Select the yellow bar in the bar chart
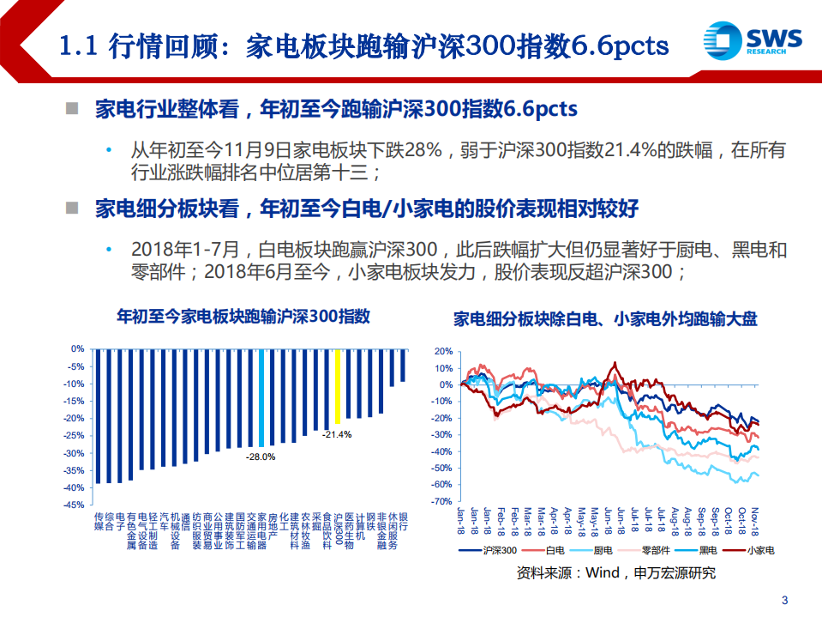[x=338, y=386]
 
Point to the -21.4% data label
[x=337, y=435]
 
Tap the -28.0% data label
[x=261, y=457]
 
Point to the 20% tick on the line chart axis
[x=441, y=352]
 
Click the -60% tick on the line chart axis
[x=440, y=485]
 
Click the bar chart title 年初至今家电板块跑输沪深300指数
[x=243, y=317]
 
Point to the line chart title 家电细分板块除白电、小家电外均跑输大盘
[x=605, y=319]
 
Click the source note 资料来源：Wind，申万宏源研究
[x=616, y=573]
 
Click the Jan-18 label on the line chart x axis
[x=462, y=518]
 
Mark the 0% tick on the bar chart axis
[x=77, y=348]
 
